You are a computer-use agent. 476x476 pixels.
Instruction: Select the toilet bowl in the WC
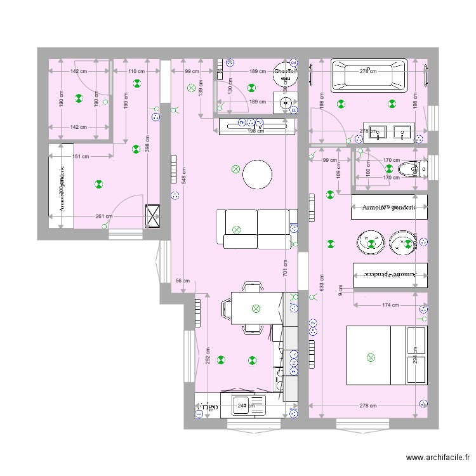(407, 169)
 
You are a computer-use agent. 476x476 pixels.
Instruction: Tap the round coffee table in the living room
(258, 173)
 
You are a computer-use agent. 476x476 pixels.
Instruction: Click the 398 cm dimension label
(147, 147)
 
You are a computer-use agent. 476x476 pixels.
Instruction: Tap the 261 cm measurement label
(104, 216)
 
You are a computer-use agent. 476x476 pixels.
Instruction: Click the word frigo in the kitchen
(207, 406)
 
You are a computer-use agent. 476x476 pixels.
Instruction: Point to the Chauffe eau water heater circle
(285, 76)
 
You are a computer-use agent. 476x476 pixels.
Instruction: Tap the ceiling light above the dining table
(256, 308)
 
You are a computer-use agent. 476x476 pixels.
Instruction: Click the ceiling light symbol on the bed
(371, 358)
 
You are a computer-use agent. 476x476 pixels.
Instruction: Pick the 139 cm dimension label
(201, 92)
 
